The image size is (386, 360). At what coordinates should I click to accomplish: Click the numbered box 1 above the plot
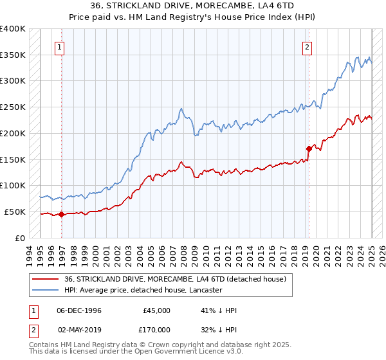click(x=59, y=46)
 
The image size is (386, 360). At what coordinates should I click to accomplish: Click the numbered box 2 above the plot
click(x=307, y=46)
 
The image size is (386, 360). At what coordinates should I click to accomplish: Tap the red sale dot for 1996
click(x=62, y=215)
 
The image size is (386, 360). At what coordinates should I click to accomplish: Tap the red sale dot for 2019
click(x=309, y=149)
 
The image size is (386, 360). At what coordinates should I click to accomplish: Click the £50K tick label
click(x=15, y=212)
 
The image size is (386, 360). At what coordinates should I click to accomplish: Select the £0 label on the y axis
click(x=20, y=238)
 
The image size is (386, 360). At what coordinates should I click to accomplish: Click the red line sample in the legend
click(x=45, y=278)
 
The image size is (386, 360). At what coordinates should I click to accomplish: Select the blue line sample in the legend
click(x=45, y=290)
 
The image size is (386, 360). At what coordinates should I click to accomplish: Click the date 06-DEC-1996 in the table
click(x=79, y=310)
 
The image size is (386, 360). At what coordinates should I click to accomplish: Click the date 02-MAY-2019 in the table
click(x=79, y=329)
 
